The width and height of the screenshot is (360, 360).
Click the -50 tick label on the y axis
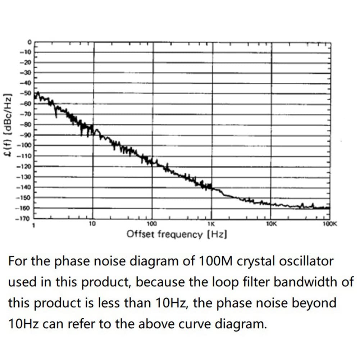tap(27, 94)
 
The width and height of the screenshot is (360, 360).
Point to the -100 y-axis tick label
tap(26, 146)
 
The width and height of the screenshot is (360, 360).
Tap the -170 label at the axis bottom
tap(26, 219)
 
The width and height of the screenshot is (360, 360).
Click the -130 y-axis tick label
tap(26, 177)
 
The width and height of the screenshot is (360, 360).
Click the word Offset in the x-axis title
tap(140, 234)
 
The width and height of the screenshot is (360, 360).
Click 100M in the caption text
tap(216, 261)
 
